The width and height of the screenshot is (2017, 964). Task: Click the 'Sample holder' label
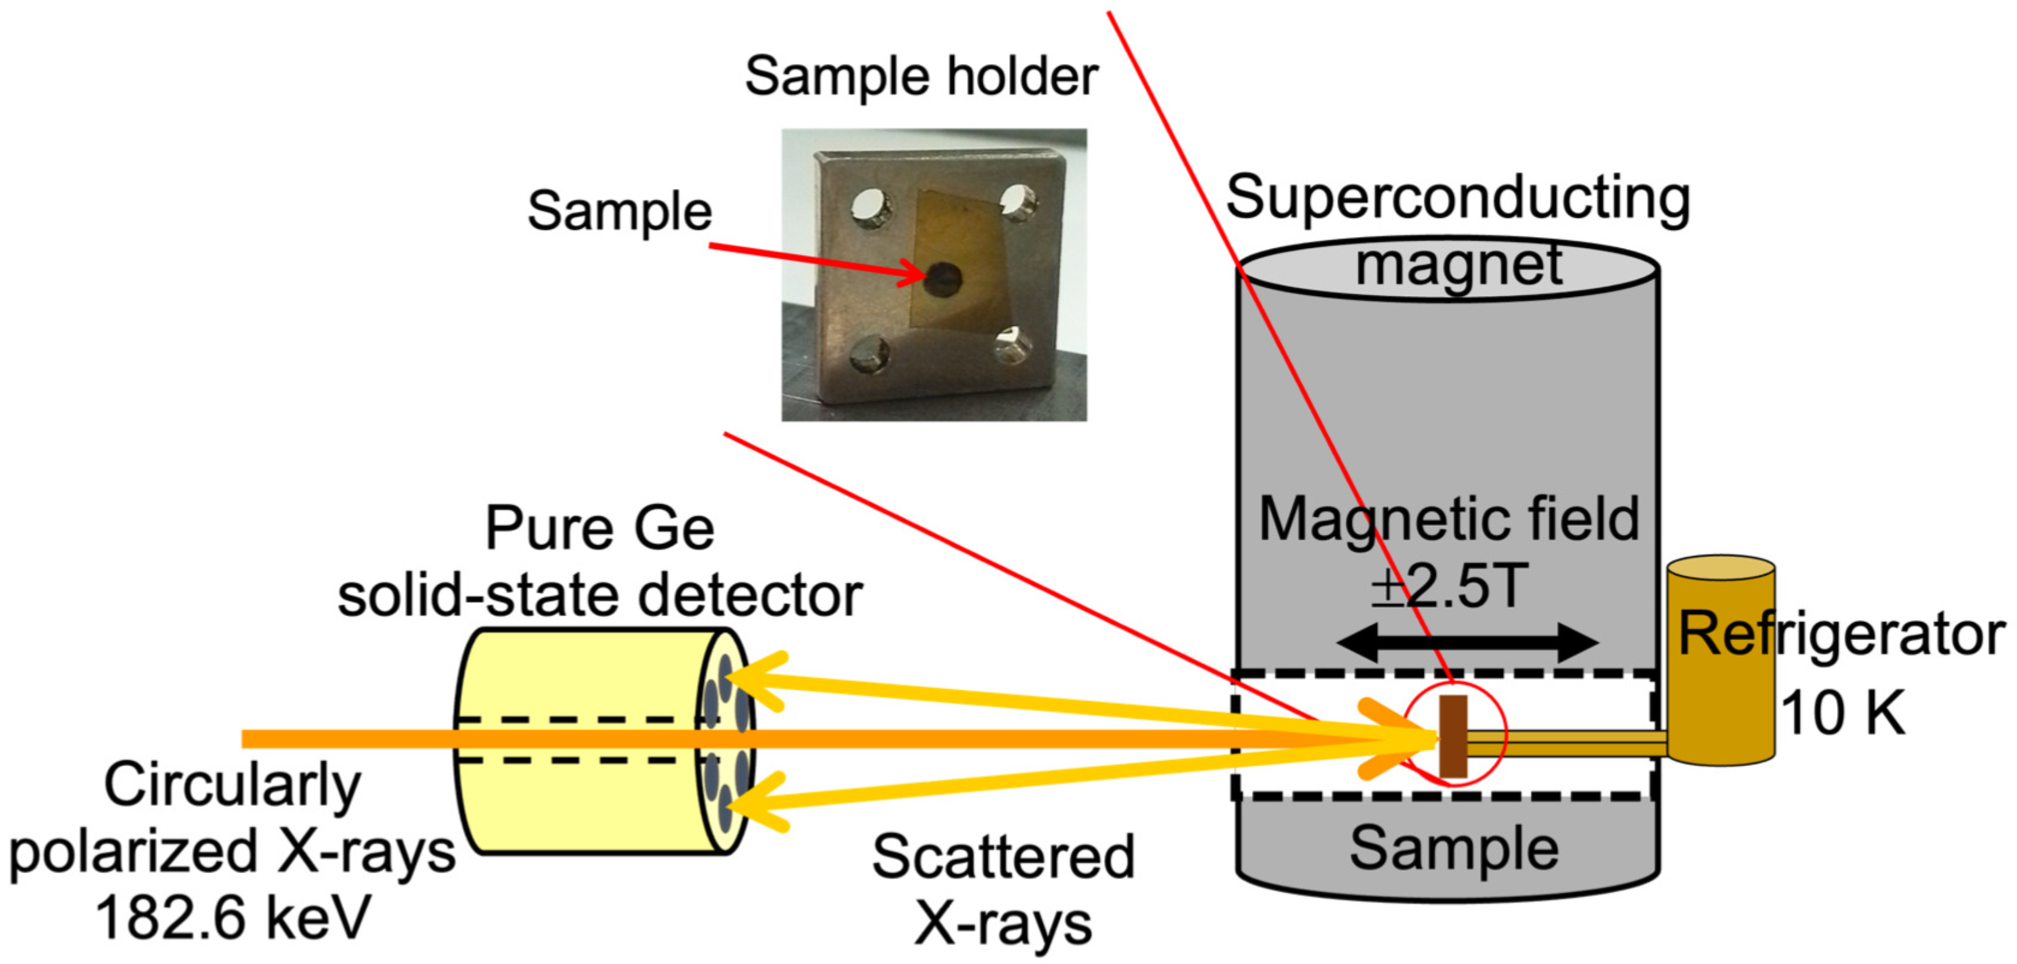[x=921, y=77]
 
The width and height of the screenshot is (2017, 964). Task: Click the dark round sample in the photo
[x=942, y=278]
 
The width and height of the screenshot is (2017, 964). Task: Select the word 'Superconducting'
[x=1457, y=197]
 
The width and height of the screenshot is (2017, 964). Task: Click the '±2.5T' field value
[x=1449, y=585]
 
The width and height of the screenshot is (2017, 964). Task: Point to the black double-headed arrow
[x=1467, y=642]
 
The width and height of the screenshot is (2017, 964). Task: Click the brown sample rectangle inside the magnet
[x=1453, y=737]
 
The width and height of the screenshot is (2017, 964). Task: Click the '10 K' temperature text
[x=1841, y=713]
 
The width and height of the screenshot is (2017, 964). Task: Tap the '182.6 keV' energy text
[x=232, y=917]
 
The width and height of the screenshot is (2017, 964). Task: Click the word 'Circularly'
[x=232, y=784]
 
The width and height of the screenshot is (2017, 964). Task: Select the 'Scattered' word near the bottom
[x=1003, y=857]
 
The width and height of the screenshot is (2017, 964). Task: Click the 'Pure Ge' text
[x=599, y=528]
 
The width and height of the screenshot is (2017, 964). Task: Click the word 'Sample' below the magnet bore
[x=1454, y=848]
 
